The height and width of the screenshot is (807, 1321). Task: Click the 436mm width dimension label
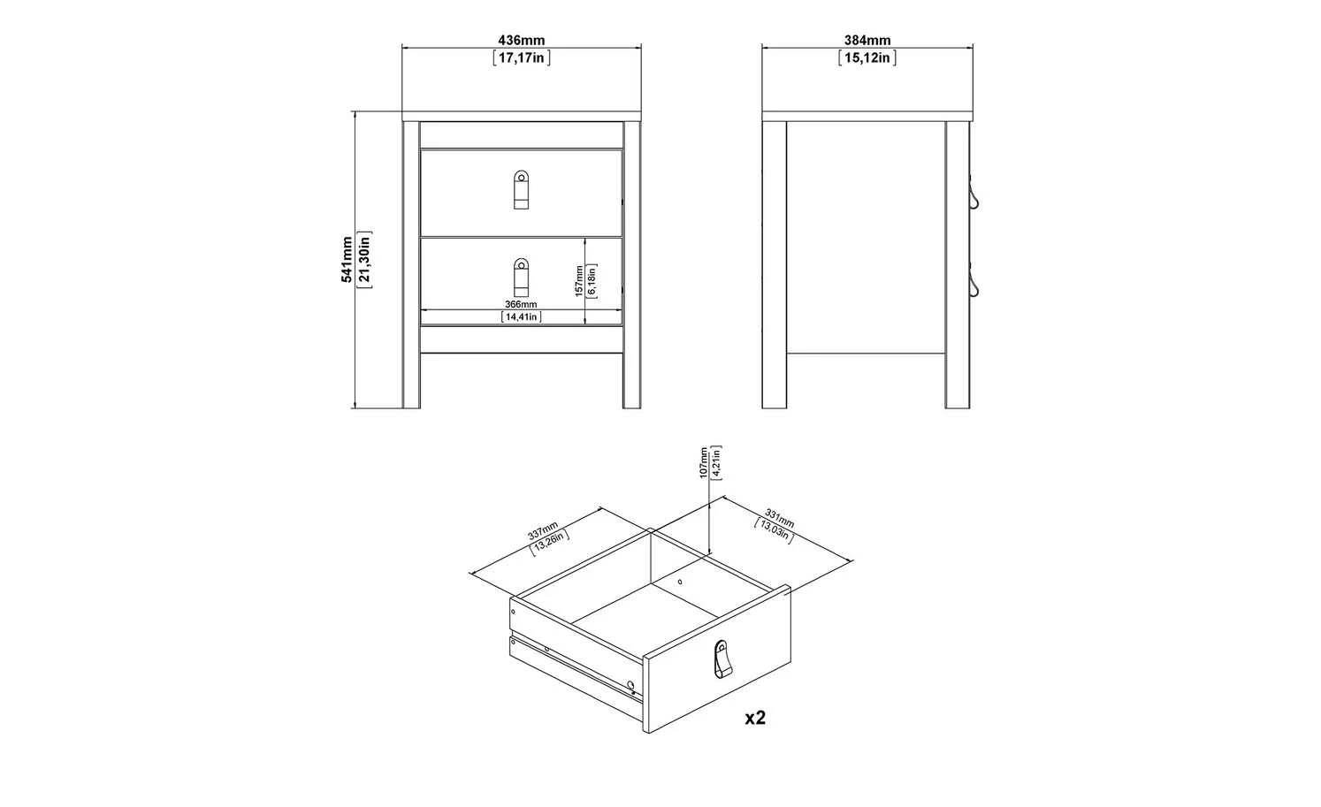[x=522, y=40]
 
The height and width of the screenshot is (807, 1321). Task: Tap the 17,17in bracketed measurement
[x=522, y=57]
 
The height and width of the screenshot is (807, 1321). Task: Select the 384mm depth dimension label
[x=867, y=40]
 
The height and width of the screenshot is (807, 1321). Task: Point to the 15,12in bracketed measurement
[x=867, y=57]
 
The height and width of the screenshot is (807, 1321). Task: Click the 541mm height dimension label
[x=347, y=259]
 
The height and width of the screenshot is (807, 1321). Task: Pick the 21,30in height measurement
[x=364, y=259]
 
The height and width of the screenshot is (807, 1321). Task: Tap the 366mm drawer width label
[x=521, y=304]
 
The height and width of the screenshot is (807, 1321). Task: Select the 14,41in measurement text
[x=522, y=316]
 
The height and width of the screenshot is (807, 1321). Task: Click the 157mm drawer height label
[x=579, y=280]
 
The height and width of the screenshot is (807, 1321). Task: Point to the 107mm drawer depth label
[x=704, y=463]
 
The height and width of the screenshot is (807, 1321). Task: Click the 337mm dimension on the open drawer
[x=543, y=530]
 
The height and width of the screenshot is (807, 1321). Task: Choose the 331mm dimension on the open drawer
[x=780, y=518]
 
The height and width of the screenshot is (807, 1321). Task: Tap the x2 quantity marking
[x=755, y=718]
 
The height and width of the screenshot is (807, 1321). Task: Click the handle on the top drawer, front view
[x=521, y=190]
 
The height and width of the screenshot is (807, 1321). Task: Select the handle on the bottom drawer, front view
[x=521, y=278]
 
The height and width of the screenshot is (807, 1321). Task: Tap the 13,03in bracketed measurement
[x=773, y=530]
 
